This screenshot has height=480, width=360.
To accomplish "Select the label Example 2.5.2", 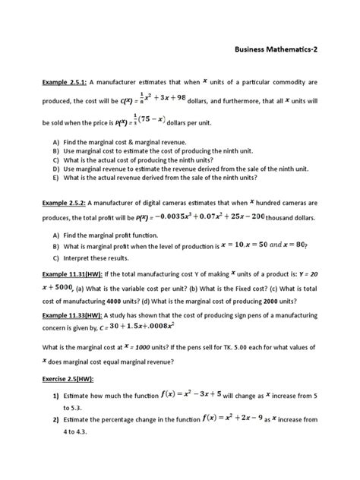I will (65, 204).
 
